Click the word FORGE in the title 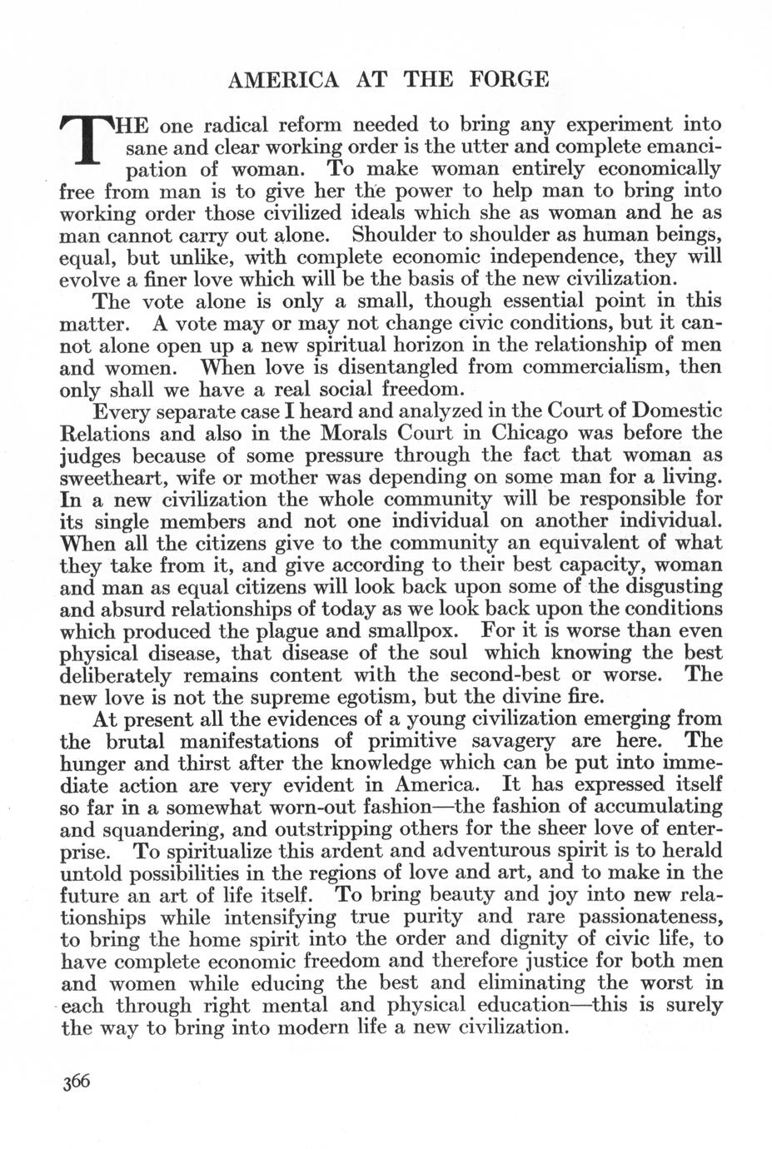510,80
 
